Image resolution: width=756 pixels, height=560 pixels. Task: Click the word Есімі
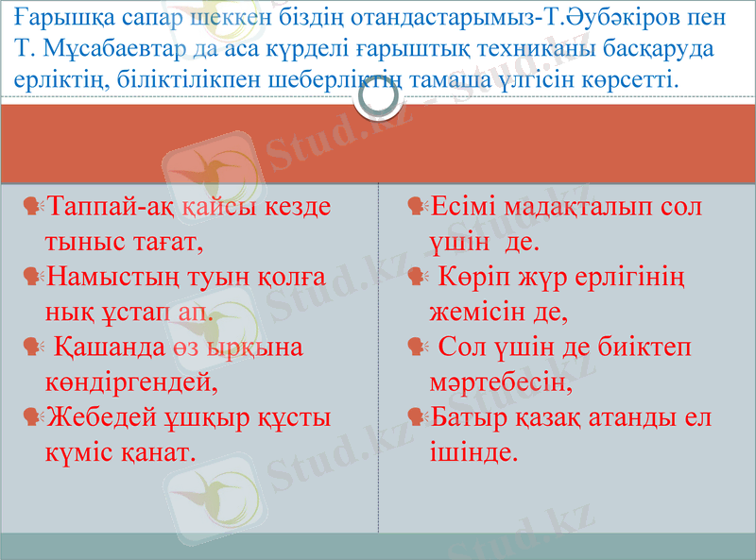464,207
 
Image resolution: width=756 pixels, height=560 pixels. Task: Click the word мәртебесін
501,383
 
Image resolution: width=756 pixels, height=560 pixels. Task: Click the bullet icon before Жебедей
33,416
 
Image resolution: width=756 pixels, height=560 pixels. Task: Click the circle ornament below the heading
377,102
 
